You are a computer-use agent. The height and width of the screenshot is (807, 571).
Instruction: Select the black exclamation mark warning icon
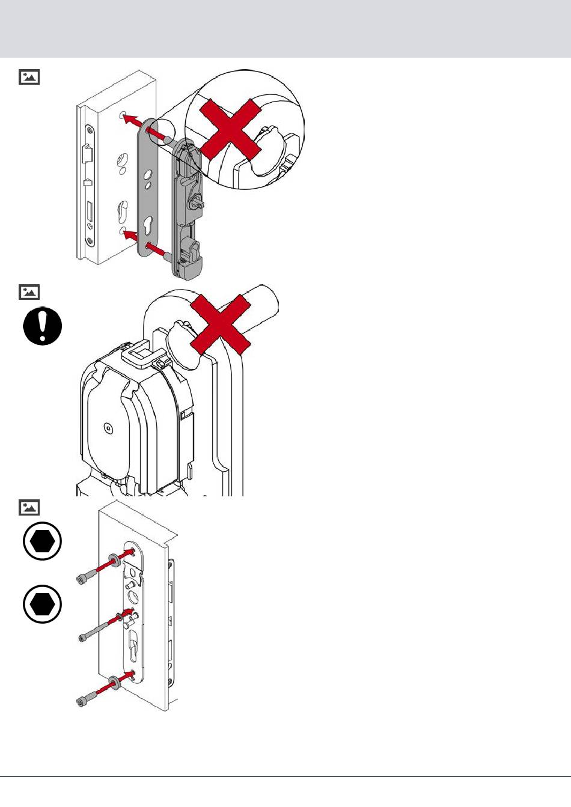(43, 326)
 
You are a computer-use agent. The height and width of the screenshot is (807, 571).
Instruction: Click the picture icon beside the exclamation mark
(29, 292)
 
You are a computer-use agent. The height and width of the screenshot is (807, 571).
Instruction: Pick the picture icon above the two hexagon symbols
(29, 507)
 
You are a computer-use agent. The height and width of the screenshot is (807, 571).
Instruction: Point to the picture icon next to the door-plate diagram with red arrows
(29, 77)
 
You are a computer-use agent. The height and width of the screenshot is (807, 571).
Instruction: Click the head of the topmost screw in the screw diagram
(83, 579)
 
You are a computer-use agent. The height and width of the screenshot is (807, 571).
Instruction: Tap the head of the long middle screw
(83, 638)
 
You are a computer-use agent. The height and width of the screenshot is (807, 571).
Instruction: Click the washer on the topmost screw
(113, 564)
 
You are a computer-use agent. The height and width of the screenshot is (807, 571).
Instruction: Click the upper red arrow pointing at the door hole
(133, 120)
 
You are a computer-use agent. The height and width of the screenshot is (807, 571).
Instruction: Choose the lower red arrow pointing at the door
(132, 234)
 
